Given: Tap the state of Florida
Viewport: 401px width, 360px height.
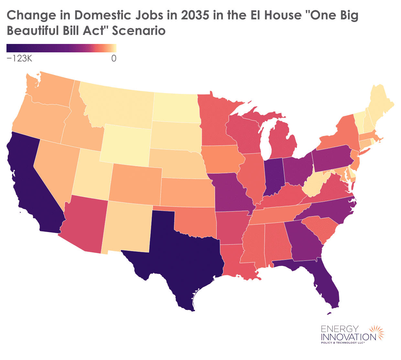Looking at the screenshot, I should (x=327, y=284).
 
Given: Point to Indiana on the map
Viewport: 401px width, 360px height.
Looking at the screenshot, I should (x=274, y=176).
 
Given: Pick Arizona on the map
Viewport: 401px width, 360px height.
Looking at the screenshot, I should (x=86, y=226).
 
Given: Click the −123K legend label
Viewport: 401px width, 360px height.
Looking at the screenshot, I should (x=19, y=58).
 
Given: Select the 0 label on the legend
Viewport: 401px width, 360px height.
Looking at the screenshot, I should (x=114, y=58).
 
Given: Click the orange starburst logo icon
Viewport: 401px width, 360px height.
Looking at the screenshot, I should (x=377, y=333).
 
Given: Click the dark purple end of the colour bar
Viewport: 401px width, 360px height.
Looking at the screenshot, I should (x=10, y=48).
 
